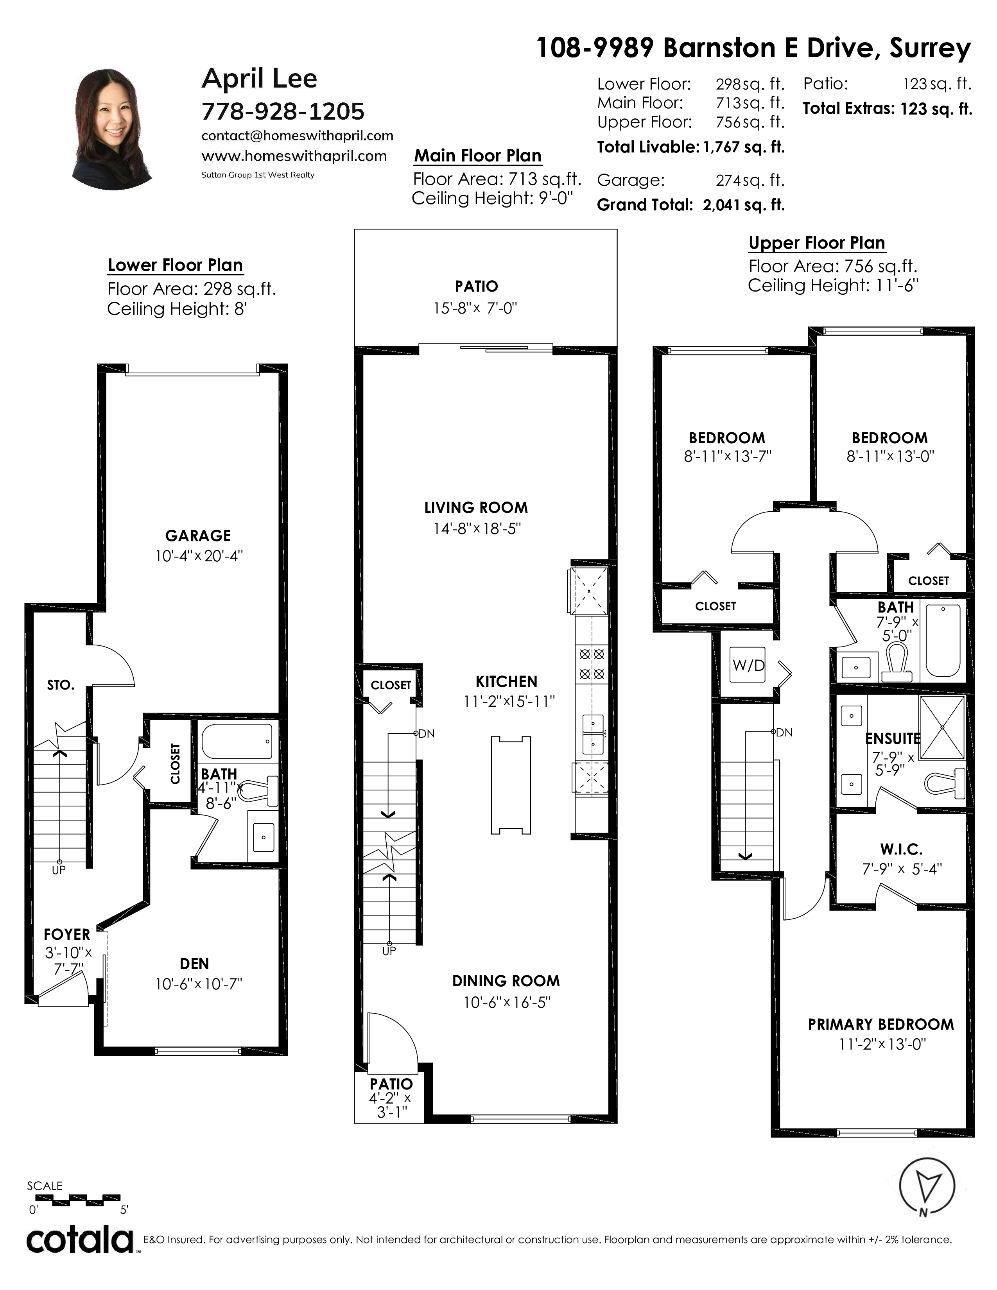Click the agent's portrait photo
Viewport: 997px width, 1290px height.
(x=112, y=129)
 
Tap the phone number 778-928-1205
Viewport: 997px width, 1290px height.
(x=283, y=111)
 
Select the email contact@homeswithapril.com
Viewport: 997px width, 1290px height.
(x=297, y=136)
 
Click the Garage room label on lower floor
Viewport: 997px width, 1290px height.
(x=198, y=535)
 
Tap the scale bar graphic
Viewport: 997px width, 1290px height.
(x=77, y=1200)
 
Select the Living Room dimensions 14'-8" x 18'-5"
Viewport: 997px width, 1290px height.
(x=476, y=528)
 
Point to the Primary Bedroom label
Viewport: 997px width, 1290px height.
(x=880, y=1024)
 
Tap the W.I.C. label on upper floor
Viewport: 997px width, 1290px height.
(x=901, y=849)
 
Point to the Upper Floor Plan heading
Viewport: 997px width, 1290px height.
(x=817, y=243)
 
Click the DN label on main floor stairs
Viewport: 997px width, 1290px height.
(x=427, y=734)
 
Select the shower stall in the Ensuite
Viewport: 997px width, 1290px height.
(x=942, y=727)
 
